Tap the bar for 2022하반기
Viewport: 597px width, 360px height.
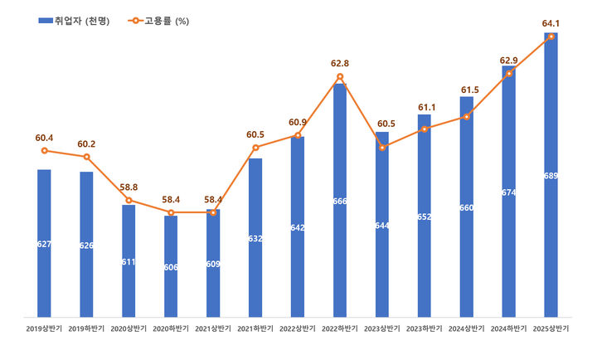(340, 199)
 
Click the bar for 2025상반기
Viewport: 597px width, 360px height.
(551, 175)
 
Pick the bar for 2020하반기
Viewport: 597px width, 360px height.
(171, 265)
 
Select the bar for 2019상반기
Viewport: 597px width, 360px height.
(44, 242)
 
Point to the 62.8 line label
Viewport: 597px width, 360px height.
(340, 62)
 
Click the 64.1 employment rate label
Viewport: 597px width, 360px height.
(551, 22)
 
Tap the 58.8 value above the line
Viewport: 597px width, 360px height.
(129, 187)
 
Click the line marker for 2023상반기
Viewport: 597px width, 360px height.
(382, 148)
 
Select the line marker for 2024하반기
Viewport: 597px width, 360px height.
(509, 74)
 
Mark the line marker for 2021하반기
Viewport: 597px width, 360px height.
(255, 148)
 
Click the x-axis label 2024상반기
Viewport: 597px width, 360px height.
(467, 328)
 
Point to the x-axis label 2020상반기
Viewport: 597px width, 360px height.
(129, 328)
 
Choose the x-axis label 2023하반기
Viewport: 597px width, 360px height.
(425, 328)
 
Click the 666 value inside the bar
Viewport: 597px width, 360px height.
(340, 202)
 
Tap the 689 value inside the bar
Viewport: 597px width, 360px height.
(551, 176)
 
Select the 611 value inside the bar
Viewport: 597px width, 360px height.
(129, 261)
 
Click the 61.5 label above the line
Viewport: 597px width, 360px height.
(467, 90)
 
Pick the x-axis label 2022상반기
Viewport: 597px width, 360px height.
(298, 328)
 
